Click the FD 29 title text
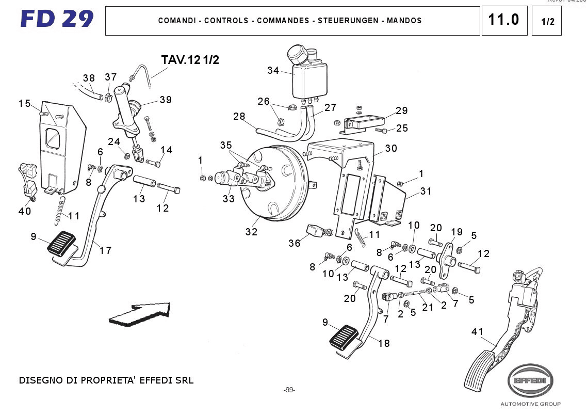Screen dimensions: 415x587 pyautogui.click(x=57, y=20)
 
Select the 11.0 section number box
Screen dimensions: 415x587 pyautogui.click(x=504, y=21)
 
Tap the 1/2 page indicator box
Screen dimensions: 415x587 pyautogui.click(x=546, y=21)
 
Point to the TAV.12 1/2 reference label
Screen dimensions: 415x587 pyautogui.click(x=190, y=60)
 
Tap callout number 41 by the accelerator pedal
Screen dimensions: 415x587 pyautogui.click(x=478, y=332)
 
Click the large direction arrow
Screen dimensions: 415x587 pyautogui.click(x=140, y=313)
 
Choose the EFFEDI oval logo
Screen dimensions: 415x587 pyautogui.click(x=530, y=380)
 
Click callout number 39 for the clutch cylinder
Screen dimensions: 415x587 pyautogui.click(x=165, y=100)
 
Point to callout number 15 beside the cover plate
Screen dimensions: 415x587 pyautogui.click(x=24, y=103)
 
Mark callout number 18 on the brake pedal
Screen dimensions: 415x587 pyautogui.click(x=384, y=343)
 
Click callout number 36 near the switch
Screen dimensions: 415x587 pyautogui.click(x=294, y=243)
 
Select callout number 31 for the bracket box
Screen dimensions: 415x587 pyautogui.click(x=426, y=191)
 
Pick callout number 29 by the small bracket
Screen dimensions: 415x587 pyautogui.click(x=401, y=110)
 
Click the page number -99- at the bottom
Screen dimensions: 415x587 pyautogui.click(x=289, y=390)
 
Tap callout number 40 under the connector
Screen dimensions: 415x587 pyautogui.click(x=24, y=211)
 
